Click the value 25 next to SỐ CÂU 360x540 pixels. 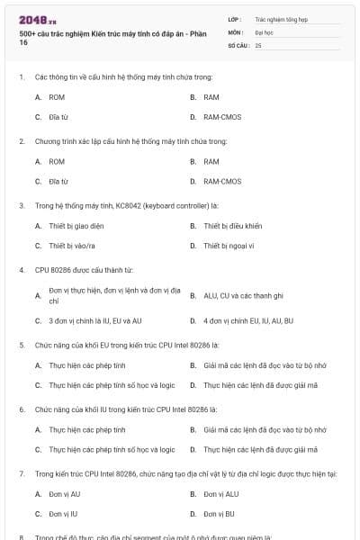(258, 44)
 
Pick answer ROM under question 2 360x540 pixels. (57, 161)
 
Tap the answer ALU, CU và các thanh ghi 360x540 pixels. (243, 294)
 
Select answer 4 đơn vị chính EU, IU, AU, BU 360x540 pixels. (248, 320)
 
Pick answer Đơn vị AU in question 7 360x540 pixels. (64, 493)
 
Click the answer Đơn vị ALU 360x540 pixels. (220, 493)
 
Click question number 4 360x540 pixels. (21, 269)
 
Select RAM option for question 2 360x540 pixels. (211, 161)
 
